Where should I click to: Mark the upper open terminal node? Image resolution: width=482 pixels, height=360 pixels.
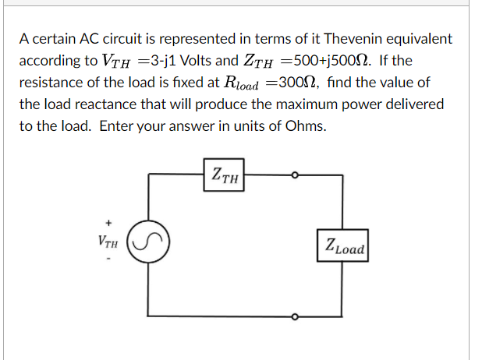(295, 176)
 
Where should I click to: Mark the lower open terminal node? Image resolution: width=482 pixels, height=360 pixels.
(295, 316)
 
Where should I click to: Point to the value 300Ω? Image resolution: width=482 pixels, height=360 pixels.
(299, 82)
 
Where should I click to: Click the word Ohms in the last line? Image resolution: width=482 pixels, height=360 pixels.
(305, 125)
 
